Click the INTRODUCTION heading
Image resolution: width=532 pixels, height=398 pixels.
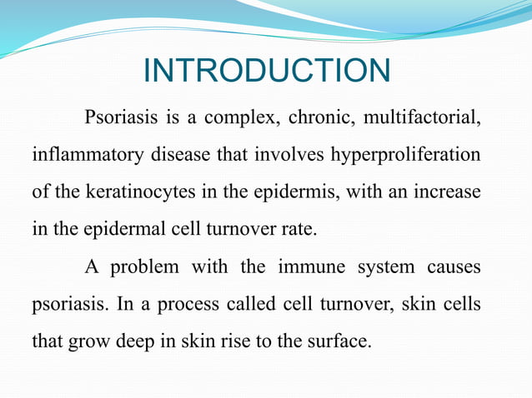266,71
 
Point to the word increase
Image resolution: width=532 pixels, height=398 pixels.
449,192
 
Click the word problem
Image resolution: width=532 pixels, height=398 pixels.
143,266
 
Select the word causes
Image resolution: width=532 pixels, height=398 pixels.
452,266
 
